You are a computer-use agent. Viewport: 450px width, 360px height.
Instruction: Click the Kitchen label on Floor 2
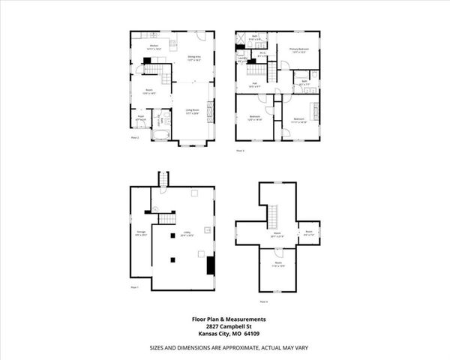(153, 47)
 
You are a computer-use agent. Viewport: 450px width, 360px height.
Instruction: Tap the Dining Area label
(193, 58)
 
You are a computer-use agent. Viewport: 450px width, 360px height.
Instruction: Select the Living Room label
(193, 109)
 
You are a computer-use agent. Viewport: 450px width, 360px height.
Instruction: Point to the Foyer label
(140, 117)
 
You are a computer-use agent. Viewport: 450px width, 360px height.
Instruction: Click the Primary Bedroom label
(299, 50)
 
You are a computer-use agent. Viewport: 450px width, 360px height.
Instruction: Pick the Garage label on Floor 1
(141, 233)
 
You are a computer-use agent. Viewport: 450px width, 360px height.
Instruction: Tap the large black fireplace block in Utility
(210, 265)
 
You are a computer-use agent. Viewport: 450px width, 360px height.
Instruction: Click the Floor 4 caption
(263, 301)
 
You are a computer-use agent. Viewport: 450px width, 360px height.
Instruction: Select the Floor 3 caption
(241, 151)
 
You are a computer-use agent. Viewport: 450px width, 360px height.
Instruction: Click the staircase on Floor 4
(274, 218)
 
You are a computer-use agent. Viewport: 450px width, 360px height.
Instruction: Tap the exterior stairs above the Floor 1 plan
(160, 179)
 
